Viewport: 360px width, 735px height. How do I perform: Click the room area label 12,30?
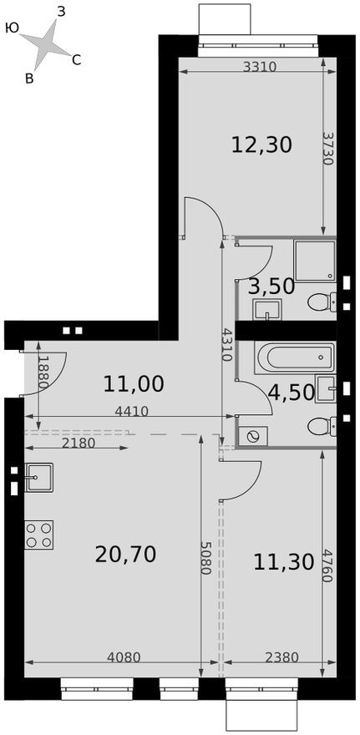(261, 145)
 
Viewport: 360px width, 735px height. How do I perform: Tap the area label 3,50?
(272, 286)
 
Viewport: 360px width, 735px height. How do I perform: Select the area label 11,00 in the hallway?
(134, 384)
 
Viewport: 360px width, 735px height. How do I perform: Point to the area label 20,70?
(126, 554)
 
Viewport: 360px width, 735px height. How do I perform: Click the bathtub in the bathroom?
(295, 358)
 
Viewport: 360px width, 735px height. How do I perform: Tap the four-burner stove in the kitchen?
(38, 534)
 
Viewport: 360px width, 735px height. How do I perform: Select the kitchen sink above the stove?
(38, 477)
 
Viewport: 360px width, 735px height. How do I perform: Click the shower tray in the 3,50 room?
(315, 261)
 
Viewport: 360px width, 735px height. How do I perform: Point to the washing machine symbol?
(253, 435)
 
